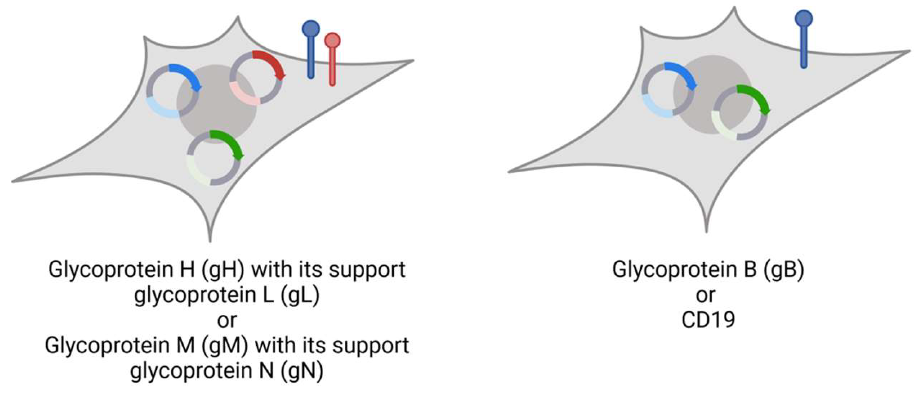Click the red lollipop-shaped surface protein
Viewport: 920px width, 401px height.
(332, 61)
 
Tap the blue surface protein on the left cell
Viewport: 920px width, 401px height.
(311, 50)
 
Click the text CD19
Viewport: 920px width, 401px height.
(708, 320)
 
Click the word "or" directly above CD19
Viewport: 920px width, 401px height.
(706, 295)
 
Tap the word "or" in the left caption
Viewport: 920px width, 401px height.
(227, 321)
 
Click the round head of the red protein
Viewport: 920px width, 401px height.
(332, 40)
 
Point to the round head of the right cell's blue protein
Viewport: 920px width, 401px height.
(804, 18)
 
